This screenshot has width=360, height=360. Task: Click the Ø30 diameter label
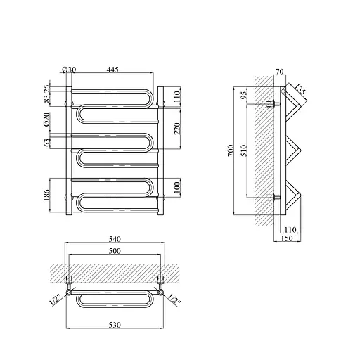point(69,70)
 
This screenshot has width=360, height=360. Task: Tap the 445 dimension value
point(112,70)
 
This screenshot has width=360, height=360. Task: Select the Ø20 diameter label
point(47,120)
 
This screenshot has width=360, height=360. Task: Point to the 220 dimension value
point(177,129)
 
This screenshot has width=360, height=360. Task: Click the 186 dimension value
point(47,195)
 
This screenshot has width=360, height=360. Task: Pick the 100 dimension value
point(177,187)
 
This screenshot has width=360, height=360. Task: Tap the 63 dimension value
point(47,142)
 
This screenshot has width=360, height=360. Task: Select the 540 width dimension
point(115,239)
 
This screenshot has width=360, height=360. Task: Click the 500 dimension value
point(115,251)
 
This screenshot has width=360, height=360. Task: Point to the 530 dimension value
point(115,325)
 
